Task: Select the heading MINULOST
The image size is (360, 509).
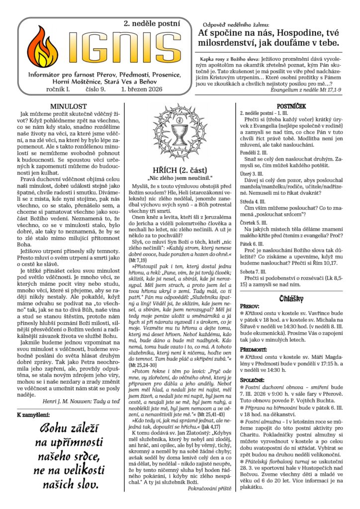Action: tap(69, 106)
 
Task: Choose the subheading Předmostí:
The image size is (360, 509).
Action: tap(254, 350)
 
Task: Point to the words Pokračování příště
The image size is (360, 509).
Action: tap(209, 489)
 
